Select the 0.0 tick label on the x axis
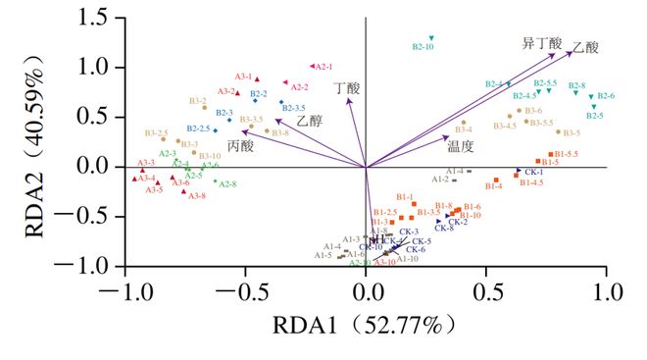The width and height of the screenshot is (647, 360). (366, 291)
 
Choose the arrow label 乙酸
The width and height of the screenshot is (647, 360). (586, 46)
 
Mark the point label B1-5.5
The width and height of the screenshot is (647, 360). (566, 154)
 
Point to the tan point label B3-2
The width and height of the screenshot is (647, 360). (197, 100)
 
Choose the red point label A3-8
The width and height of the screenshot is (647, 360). (197, 196)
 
